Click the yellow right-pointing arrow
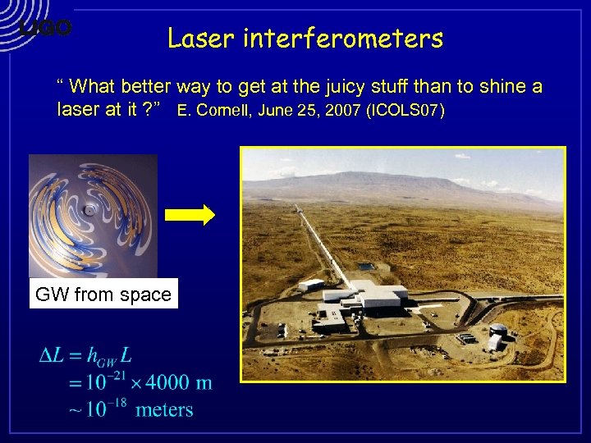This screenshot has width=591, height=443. pos(190,215)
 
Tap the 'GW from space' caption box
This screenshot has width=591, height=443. pos(103,295)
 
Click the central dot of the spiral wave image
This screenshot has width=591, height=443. pos(89,210)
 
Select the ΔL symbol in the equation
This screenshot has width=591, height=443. pos(53,356)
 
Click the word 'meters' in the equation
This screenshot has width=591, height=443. pos(164,409)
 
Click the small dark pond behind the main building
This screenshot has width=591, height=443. pos(363,268)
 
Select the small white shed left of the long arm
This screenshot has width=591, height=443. pos(310,285)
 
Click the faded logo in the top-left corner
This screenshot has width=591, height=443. pos(45,28)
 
